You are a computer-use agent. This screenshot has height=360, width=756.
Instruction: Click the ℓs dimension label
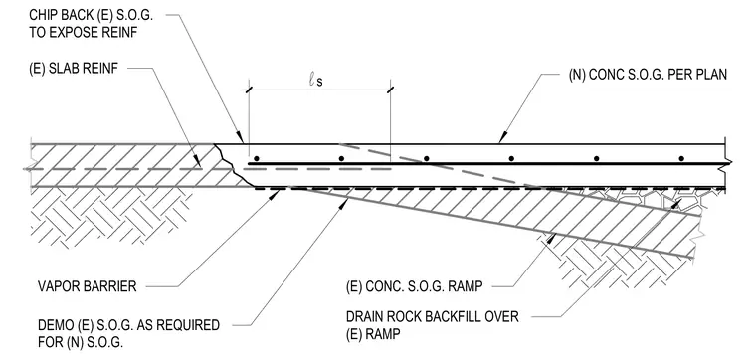[315, 80]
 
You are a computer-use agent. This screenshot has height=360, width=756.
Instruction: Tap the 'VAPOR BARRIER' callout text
[88, 286]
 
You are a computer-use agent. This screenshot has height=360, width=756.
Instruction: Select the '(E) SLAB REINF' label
[74, 68]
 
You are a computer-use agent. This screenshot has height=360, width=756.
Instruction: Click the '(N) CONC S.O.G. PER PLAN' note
[648, 75]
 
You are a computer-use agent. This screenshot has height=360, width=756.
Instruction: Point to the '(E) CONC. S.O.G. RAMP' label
[414, 286]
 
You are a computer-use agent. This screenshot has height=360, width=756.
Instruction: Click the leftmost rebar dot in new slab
[257, 158]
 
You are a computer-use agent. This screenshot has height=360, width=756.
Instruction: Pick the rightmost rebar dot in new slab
[681, 158]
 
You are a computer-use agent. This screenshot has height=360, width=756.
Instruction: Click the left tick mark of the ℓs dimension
[249, 90]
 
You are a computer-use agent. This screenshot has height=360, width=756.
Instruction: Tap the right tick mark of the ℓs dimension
[390, 90]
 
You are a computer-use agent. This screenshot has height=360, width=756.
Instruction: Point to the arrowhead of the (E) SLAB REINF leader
[198, 163]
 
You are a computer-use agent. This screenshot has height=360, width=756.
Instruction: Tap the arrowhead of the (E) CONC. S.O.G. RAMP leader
[553, 237]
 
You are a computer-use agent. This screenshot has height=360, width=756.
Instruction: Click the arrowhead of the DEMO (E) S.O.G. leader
[345, 203]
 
